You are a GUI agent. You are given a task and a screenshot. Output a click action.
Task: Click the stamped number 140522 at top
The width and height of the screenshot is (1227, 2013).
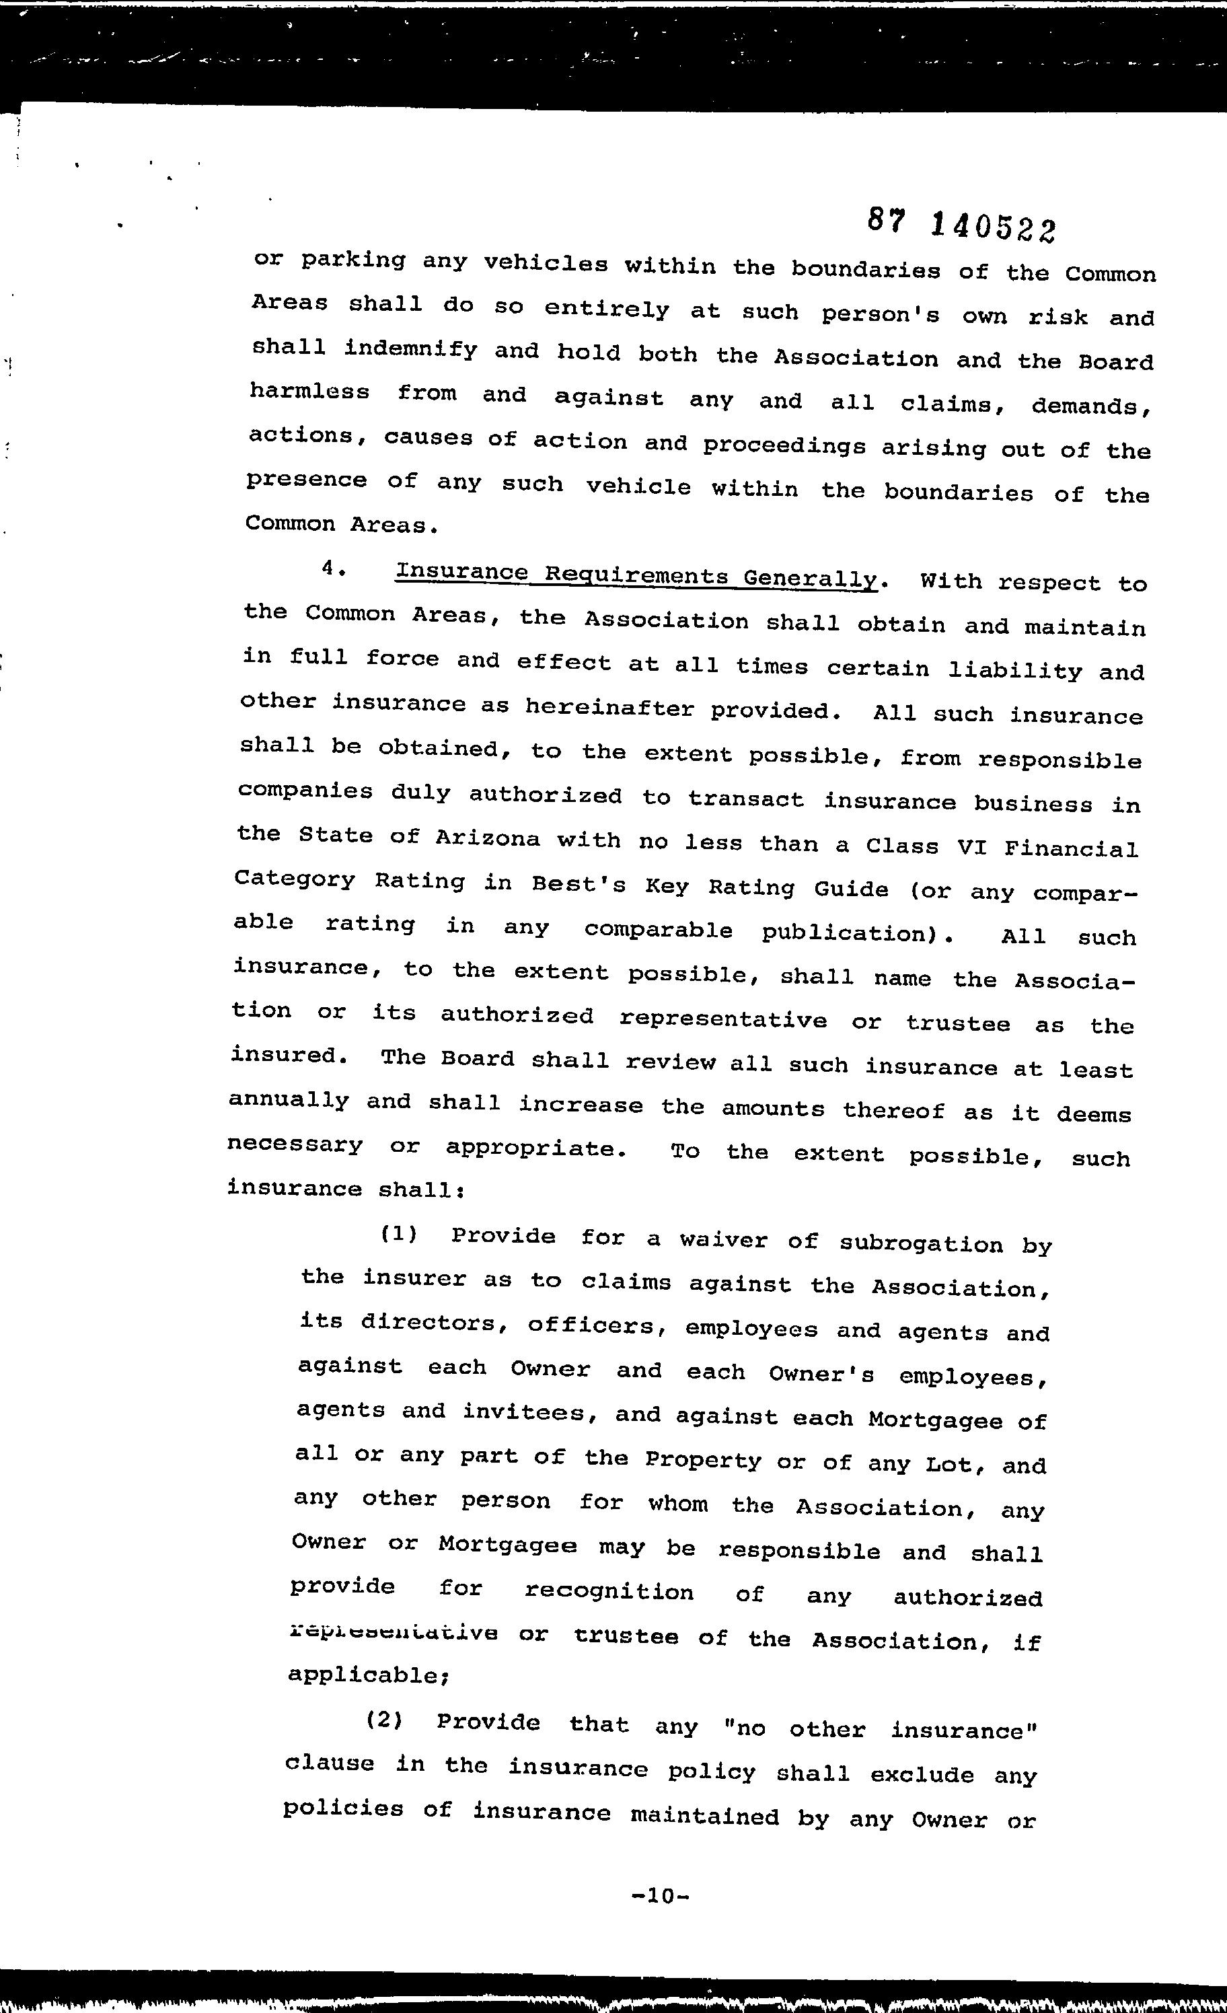click(992, 227)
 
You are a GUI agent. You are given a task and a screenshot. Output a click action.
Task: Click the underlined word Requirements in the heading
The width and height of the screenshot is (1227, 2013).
click(636, 575)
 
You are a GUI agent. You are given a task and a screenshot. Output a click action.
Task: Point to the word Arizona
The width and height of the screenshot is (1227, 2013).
click(487, 838)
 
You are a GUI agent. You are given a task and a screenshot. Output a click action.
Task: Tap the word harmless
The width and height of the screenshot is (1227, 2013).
click(309, 392)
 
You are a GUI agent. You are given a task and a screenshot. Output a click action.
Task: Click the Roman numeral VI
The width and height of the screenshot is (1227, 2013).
click(971, 846)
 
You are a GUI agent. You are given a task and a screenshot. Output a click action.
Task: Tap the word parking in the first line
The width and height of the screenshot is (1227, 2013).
click(353, 260)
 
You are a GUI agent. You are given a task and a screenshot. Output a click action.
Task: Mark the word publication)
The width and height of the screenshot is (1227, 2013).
click(858, 933)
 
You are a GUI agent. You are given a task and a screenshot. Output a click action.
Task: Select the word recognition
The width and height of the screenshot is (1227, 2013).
click(609, 1590)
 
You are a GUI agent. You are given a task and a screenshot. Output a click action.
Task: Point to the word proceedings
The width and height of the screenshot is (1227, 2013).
click(784, 445)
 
